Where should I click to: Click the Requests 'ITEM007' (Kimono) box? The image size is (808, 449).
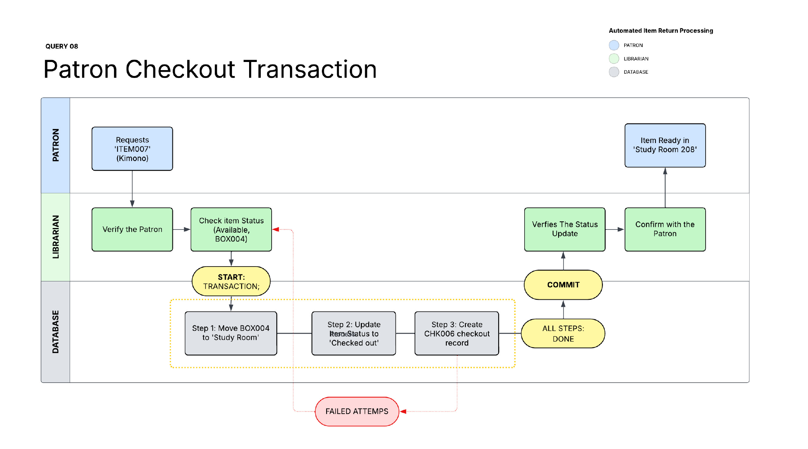[x=132, y=149]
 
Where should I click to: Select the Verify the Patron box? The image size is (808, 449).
[x=132, y=230]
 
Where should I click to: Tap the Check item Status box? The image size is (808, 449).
[x=231, y=230]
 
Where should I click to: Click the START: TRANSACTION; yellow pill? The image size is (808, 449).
[x=231, y=281]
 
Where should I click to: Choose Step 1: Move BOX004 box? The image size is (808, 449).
[x=231, y=333]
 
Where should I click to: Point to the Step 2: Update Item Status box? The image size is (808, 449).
[x=353, y=333]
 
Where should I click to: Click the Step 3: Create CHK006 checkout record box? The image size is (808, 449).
[x=457, y=333]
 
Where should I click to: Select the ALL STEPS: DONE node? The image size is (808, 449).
[x=563, y=334]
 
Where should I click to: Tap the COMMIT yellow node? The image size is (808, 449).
[x=563, y=285]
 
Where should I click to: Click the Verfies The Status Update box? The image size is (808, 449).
[x=564, y=230]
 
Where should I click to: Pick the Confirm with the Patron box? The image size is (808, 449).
[x=665, y=230]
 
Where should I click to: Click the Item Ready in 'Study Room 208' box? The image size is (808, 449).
[x=665, y=145]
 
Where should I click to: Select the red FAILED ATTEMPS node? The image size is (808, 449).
[x=357, y=412]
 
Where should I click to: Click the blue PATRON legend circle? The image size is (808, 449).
[x=614, y=45]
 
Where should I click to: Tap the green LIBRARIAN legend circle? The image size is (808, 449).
[x=614, y=59]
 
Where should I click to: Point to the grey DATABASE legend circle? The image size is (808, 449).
[x=614, y=72]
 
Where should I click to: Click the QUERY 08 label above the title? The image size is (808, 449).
[x=61, y=46]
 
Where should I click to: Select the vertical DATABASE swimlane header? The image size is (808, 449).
[x=55, y=332]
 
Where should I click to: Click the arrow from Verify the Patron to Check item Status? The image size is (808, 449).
[x=181, y=230]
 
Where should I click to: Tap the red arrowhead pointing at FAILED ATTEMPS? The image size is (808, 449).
[x=403, y=412]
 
